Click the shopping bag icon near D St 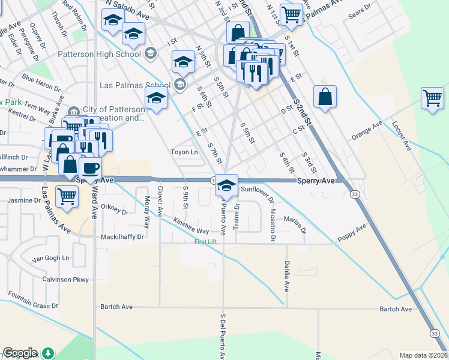click(325, 98)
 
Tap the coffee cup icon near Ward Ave click(90, 168)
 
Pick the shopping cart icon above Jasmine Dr click(67, 196)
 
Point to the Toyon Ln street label click(184, 152)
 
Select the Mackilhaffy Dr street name click(122, 237)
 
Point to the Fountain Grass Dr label click(33, 301)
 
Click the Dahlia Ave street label click(286, 278)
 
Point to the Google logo click(20, 353)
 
